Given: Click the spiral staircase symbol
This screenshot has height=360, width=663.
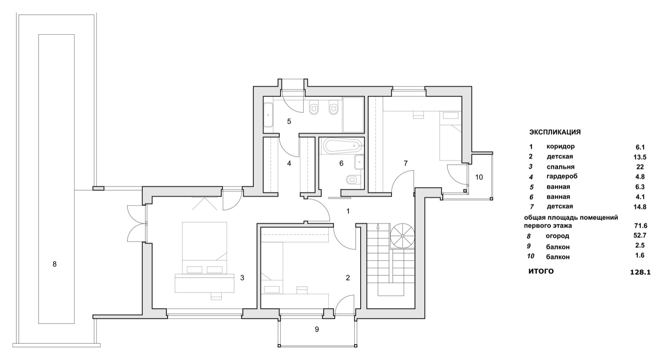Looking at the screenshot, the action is point(402,236).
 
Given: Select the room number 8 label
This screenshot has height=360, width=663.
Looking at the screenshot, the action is point(54,264).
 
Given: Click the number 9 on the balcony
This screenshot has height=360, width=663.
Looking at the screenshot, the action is point(317,329).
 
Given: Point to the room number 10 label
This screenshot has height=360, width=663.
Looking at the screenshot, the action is point(479,177).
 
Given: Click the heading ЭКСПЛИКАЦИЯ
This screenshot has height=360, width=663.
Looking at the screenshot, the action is point(555,132).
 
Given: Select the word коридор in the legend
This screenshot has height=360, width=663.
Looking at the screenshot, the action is point(560,147).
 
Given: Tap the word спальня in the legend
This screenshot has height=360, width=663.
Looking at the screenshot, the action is point(560,167).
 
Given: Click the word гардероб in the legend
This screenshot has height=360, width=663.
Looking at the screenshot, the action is point(562,177).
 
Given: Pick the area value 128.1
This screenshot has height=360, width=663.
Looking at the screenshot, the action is point(640,272).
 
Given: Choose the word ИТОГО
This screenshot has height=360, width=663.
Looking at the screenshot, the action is point(541,271).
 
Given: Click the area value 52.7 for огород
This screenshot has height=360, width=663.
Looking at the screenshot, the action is point(640,235).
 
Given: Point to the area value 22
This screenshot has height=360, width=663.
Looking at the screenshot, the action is point(640,167).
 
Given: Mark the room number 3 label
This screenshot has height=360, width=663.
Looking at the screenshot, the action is point(242,278).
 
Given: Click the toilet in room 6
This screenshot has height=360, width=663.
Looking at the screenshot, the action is point(353,179).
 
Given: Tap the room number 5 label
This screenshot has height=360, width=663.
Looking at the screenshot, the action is point(289,121).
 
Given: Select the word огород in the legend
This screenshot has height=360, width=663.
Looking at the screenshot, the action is point(557,237).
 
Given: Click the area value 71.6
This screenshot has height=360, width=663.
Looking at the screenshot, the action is point(640,226).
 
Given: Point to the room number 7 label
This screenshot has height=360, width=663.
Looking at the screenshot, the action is point(405,163).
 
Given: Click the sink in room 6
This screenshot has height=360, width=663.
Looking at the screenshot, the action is point(359,162).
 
